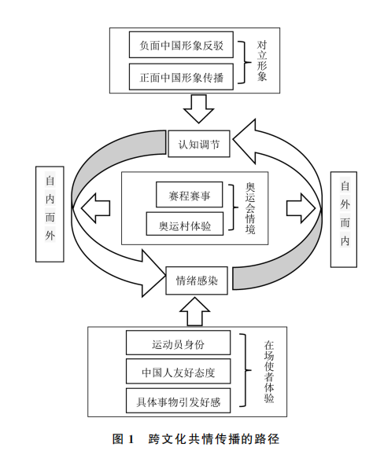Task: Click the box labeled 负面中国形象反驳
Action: pos(181,46)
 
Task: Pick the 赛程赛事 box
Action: pos(189,192)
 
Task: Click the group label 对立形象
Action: pos(262,60)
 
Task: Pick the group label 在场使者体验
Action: pos(268,373)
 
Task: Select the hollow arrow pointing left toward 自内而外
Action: pos(95,209)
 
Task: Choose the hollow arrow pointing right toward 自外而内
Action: pos(299,209)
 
